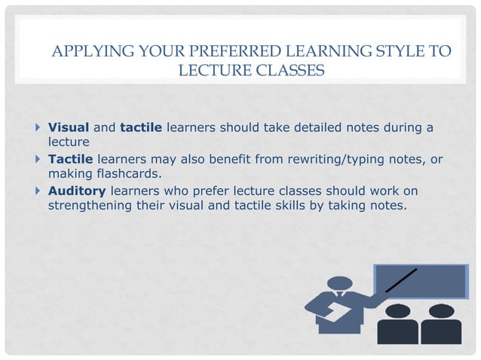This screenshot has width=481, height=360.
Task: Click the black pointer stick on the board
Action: pyautogui.click(x=400, y=279)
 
